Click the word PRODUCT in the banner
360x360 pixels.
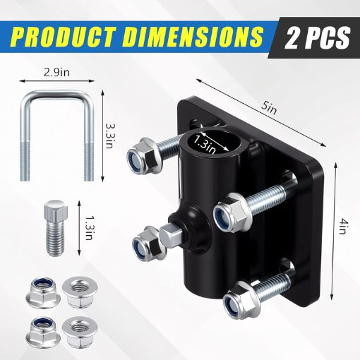pos(65,37)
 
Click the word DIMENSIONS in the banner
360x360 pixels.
pos(193,37)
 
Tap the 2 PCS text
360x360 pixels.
pos(317,37)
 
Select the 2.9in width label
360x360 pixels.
pos(56,73)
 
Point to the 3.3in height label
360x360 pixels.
pos(109,136)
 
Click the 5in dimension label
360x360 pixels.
pos(268,109)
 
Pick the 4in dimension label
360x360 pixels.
pos(343,226)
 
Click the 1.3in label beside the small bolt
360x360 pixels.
pos(88,227)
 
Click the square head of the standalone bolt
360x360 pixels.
pos(56,209)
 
